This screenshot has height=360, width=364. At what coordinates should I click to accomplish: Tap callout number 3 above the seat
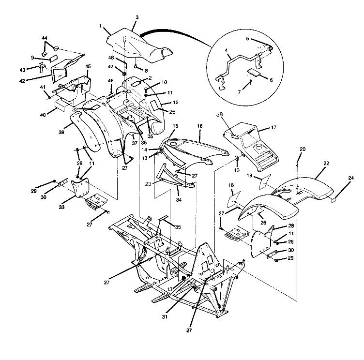click(x=137, y=17)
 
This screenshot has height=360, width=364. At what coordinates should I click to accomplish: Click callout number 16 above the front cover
click(x=200, y=125)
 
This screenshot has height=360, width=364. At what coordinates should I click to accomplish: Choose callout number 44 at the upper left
click(x=44, y=38)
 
